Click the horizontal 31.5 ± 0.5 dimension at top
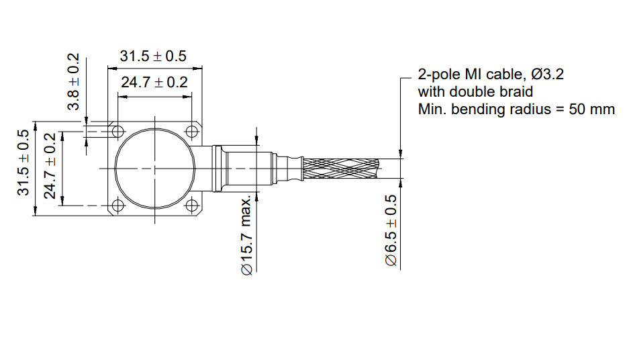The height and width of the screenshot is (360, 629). coord(153,56)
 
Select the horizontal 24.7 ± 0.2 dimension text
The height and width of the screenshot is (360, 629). coord(153,83)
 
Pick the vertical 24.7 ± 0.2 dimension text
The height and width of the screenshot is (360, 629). coord(50,166)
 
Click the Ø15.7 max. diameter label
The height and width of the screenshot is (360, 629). coord(246,235)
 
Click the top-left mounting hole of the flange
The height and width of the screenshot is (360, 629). coord(117,130)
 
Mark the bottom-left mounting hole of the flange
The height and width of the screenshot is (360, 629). coord(117,206)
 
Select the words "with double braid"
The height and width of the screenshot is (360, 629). coord(475,91)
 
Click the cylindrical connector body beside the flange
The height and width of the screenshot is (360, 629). coord(248,168)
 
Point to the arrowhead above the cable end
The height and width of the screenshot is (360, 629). coord(401,153)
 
